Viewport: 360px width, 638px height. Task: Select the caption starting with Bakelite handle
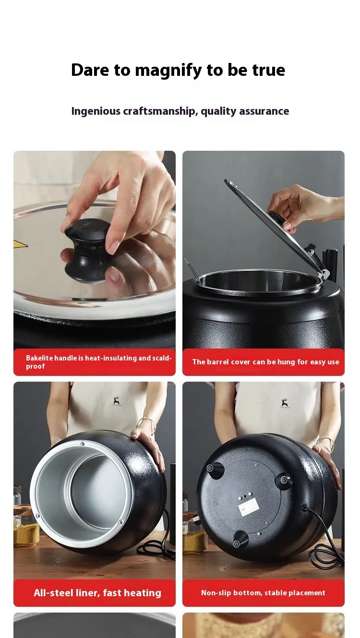98,361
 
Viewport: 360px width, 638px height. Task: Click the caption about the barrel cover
265,361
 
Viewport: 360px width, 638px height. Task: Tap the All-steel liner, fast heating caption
97,593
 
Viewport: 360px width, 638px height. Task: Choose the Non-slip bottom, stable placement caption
263,593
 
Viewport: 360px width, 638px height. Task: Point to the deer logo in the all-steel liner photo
116,401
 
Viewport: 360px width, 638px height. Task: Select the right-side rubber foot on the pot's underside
285,480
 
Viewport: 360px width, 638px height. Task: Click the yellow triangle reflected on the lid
21,243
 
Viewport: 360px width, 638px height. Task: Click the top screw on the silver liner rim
83,444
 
